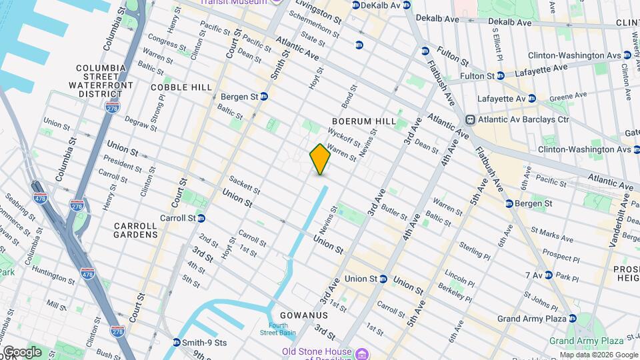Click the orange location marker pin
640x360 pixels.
(320, 159)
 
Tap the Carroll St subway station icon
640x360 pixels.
(201, 218)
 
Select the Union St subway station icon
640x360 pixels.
(383, 279)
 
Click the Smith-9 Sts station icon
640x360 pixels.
(176, 343)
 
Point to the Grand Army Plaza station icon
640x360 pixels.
(571, 319)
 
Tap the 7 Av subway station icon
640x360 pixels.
(547, 275)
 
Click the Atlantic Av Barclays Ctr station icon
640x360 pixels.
(470, 119)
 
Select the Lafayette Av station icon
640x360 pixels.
(531, 99)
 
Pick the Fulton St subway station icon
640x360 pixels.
(501, 76)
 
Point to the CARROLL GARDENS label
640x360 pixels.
(135, 230)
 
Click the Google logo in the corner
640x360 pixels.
(22, 351)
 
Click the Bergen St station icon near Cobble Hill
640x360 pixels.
(263, 97)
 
